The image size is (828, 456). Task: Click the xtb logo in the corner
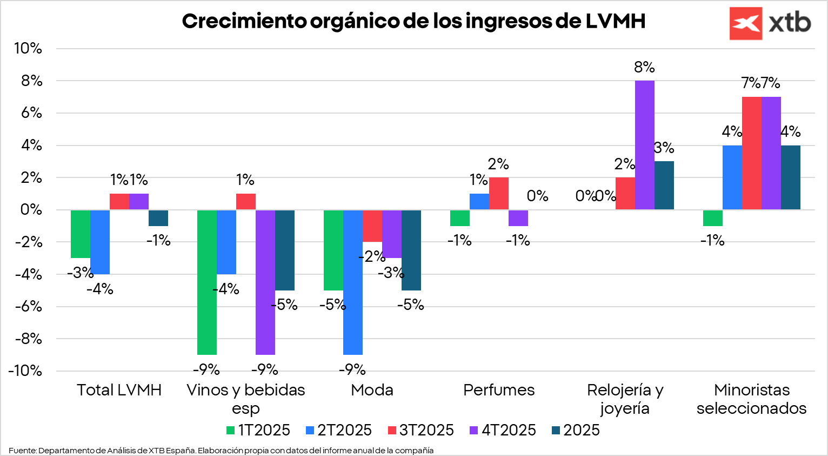click(770, 23)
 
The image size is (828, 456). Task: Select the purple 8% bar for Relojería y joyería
click(644, 145)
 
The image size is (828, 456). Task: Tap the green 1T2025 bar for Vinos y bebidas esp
click(207, 282)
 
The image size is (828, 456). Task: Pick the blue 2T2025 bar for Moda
click(353, 282)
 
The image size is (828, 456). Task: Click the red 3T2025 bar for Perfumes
click(499, 193)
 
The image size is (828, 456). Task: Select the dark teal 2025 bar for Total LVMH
click(158, 218)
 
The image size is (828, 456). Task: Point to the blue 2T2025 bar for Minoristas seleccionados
click(732, 177)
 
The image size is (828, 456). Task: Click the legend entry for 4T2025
click(502, 430)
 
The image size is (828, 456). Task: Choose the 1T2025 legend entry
click(258, 430)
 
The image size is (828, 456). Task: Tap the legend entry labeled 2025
click(576, 430)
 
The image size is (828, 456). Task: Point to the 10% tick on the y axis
click(28, 49)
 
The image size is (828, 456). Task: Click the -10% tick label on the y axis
click(25, 371)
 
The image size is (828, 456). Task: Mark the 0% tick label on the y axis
click(31, 210)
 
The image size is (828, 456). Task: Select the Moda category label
click(372, 390)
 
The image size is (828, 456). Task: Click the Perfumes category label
click(499, 390)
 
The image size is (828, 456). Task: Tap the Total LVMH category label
click(119, 390)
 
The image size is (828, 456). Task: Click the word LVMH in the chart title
click(615, 21)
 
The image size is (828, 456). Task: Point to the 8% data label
click(644, 68)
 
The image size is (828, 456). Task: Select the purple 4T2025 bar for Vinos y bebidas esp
click(265, 282)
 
